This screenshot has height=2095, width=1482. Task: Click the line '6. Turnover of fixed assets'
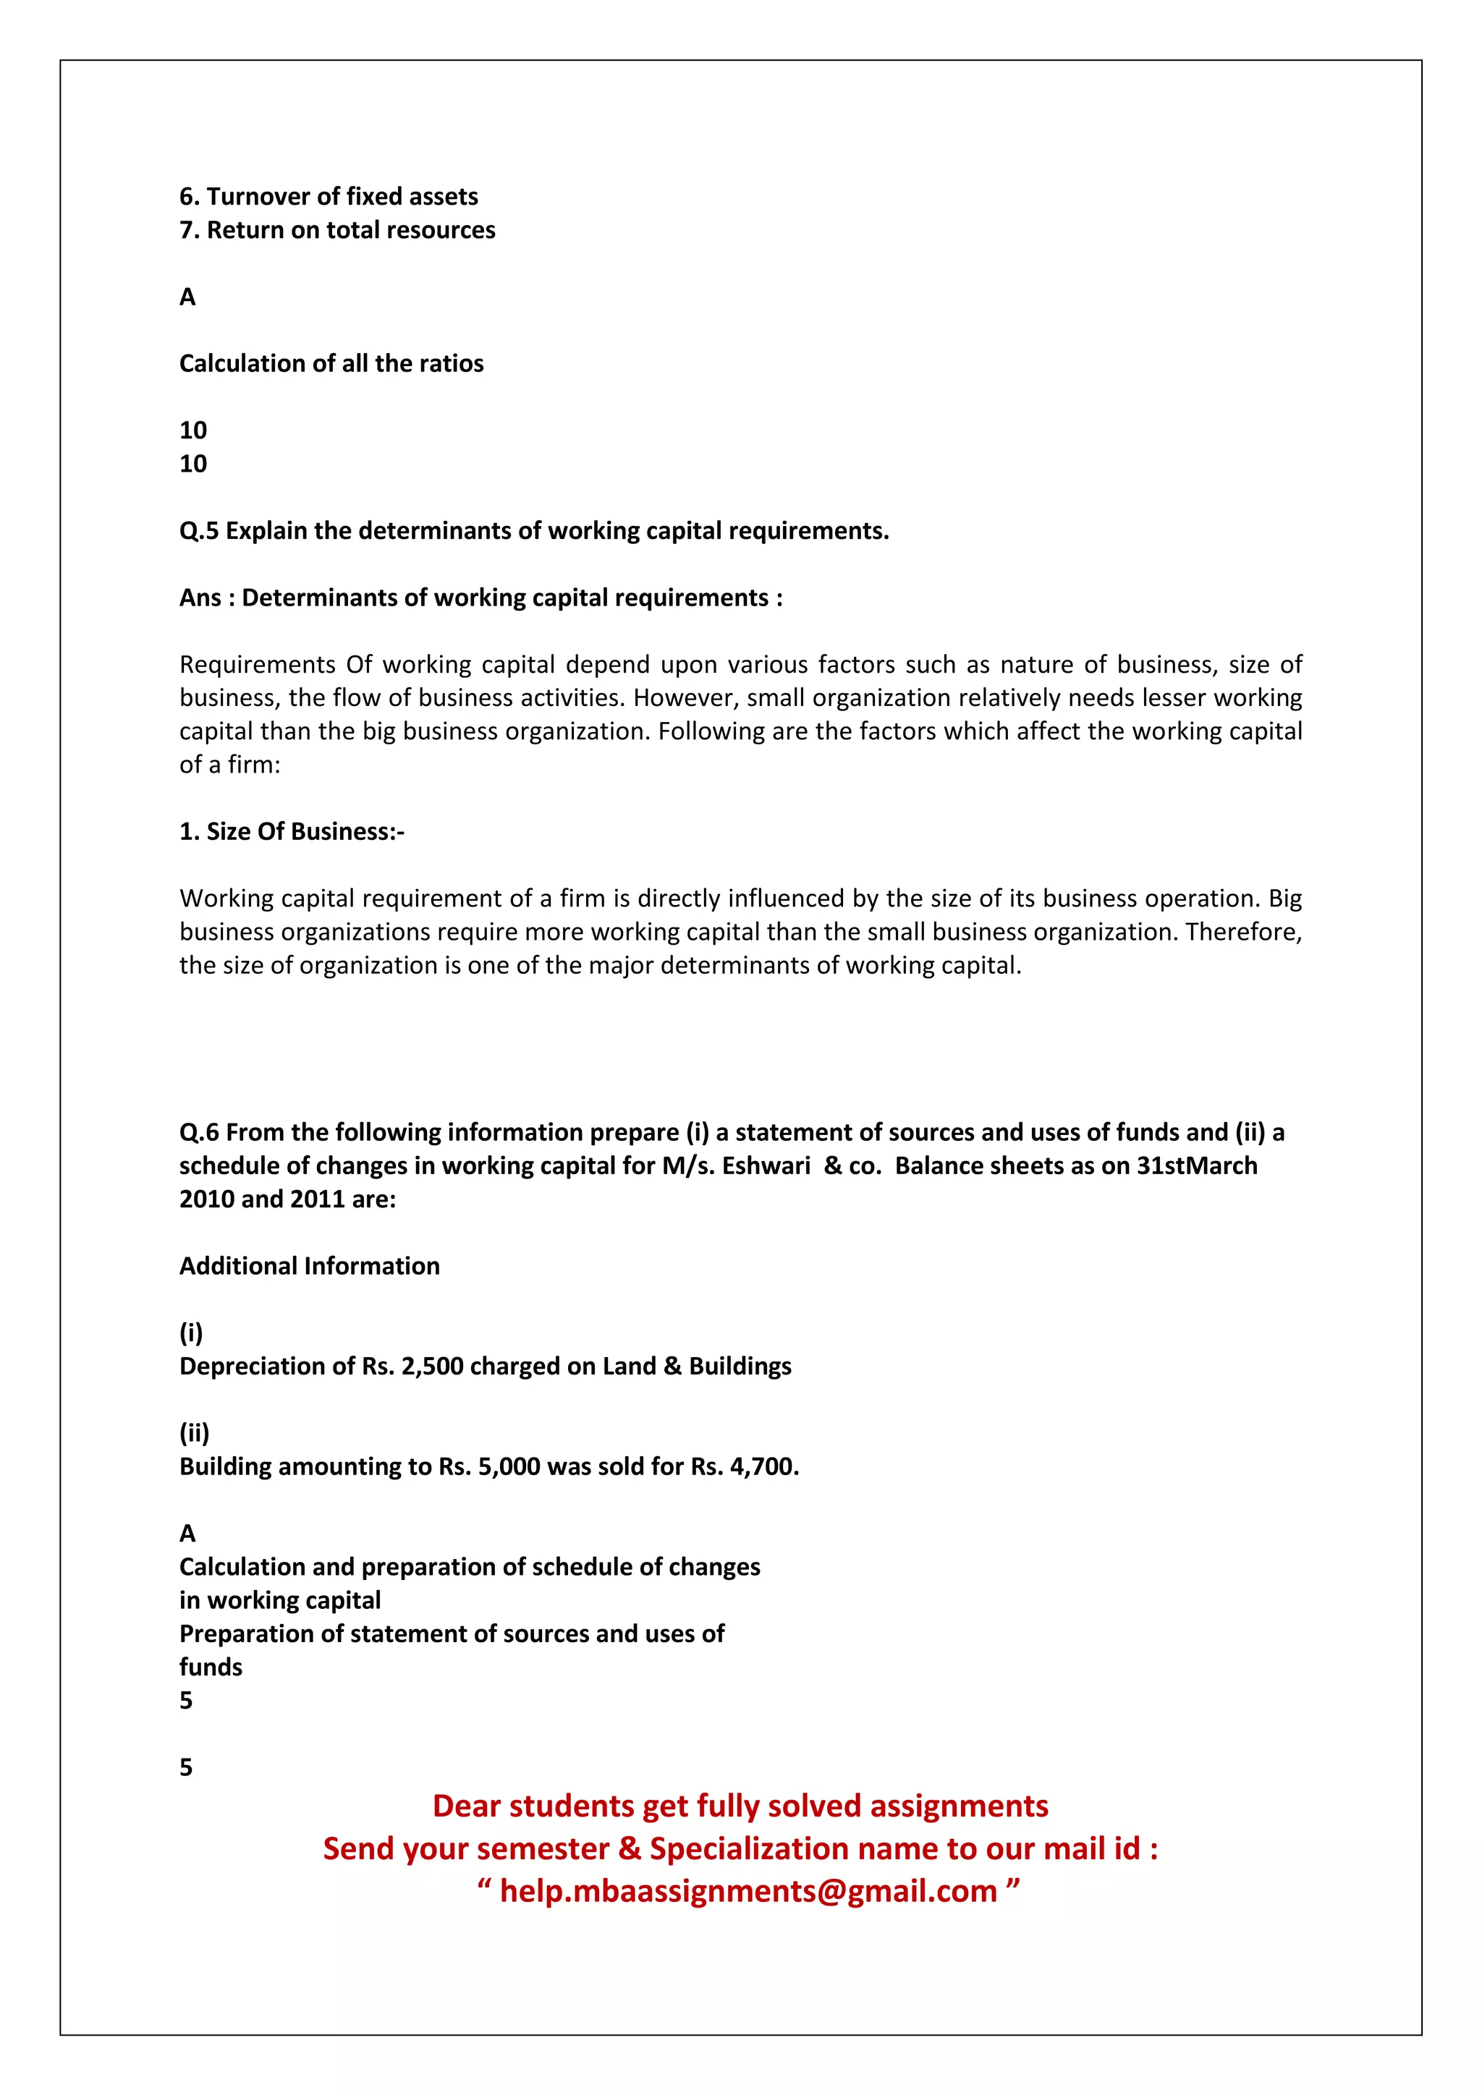point(329,196)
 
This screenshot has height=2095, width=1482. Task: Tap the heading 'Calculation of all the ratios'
point(331,363)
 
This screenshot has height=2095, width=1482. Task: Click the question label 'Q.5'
point(199,531)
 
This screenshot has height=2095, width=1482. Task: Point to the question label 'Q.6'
point(199,1132)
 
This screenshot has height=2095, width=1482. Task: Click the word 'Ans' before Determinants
point(200,598)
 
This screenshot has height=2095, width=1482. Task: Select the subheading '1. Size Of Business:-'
point(292,831)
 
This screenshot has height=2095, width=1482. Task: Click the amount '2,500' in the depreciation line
point(431,1366)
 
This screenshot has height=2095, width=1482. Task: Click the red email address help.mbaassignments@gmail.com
point(748,1890)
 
